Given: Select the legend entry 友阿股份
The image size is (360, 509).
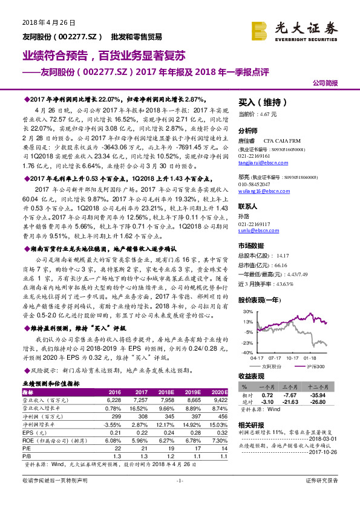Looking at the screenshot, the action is [271, 366].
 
